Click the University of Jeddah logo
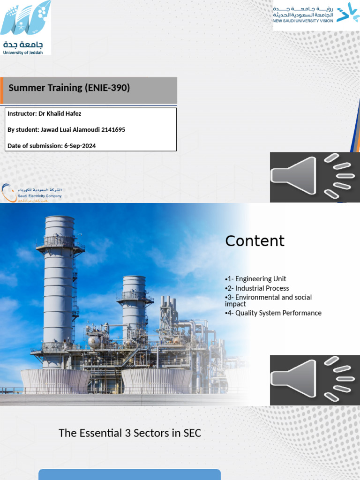tap(26, 27)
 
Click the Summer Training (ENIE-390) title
tap(69, 88)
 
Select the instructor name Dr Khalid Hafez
tap(61, 113)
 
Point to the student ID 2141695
tap(113, 129)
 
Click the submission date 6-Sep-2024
tap(79, 146)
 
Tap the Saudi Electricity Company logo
tap(31, 193)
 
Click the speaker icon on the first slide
tap(315, 177)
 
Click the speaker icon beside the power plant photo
tap(315, 380)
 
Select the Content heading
tap(255, 241)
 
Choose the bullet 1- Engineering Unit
tap(256, 279)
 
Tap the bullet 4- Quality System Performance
tap(274, 313)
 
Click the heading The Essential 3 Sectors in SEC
tap(130, 433)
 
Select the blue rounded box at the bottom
tap(129, 474)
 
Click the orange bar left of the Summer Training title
tap(2, 90)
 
